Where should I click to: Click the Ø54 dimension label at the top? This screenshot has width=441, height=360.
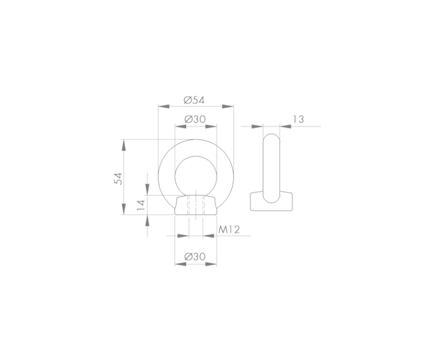(x=194, y=100)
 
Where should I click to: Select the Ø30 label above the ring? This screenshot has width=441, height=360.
(x=195, y=119)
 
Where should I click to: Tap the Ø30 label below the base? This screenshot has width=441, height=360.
(x=195, y=257)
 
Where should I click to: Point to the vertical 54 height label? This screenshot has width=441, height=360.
(x=119, y=179)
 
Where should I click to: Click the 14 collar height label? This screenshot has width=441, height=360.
(x=140, y=206)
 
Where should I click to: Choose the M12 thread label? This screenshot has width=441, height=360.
(x=229, y=230)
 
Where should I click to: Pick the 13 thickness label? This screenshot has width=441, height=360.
(x=299, y=119)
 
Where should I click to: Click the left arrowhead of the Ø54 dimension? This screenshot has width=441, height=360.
(x=164, y=106)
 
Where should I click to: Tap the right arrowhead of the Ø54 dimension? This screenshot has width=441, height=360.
(x=228, y=106)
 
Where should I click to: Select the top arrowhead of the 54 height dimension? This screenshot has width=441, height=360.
(x=123, y=145)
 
